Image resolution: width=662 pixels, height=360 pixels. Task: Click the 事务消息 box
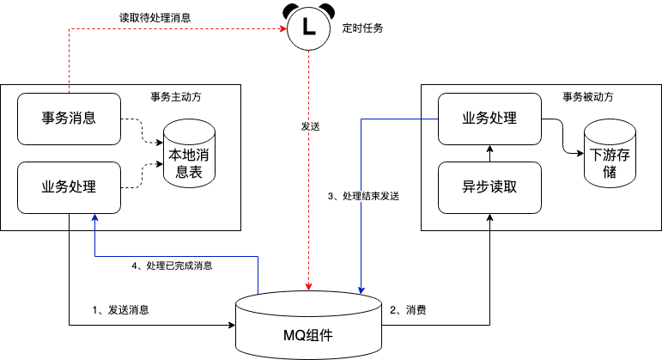coord(70,118)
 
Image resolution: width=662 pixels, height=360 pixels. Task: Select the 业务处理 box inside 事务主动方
coord(70,187)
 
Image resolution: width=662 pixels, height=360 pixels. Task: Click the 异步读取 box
coord(490,187)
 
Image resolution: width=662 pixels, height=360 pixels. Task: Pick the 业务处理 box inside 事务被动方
coord(490,118)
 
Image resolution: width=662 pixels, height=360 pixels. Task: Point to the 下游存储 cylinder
coord(610,154)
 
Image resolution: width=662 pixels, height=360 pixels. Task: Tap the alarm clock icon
coord(308,27)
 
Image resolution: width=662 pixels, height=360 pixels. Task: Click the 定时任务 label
coord(362,28)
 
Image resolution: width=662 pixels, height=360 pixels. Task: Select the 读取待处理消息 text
coord(155,17)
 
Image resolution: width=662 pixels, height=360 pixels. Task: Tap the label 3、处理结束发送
coord(364,196)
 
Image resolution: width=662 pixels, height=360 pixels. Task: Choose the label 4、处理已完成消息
coord(173,266)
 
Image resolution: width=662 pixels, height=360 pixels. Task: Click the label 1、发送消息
coord(121,309)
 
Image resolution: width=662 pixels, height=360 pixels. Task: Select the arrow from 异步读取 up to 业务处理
coord(490,153)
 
